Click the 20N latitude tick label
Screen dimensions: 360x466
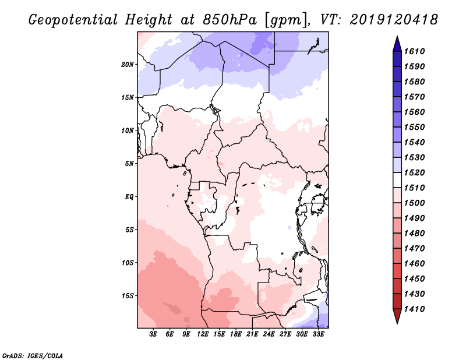tap(128, 64)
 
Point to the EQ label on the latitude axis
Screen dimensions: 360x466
tap(129, 197)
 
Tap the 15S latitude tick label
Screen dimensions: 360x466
tap(128, 296)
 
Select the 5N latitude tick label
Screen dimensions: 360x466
tap(129, 164)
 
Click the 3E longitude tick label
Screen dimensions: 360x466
tap(154, 334)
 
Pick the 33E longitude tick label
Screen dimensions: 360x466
tap(318, 334)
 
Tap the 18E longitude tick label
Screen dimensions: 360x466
tap(236, 334)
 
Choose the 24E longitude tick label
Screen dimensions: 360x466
tap(269, 334)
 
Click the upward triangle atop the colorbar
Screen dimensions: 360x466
tap(396, 43)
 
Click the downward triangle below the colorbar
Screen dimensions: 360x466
tap(396, 316)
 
